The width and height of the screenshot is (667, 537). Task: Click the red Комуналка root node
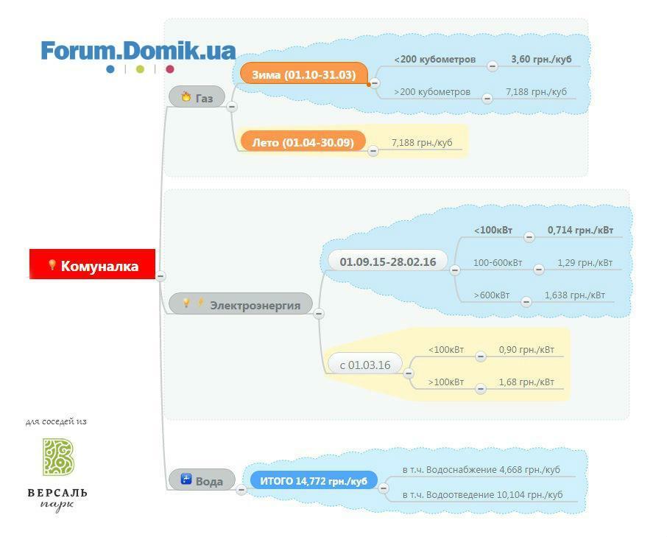[92, 264]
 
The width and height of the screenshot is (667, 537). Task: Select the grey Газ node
[197, 96]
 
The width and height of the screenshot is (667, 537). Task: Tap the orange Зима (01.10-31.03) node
[304, 74]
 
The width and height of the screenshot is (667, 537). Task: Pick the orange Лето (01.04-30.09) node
[303, 141]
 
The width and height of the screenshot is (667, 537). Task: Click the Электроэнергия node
[241, 303]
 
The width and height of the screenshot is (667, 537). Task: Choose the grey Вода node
[202, 480]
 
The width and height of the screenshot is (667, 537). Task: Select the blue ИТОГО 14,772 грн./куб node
[314, 480]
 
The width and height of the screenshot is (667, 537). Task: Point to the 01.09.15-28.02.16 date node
[387, 261]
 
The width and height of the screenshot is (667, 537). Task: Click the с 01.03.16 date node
[365, 364]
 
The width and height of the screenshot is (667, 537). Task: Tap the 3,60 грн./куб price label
[541, 59]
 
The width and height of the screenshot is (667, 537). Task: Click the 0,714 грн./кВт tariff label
[580, 231]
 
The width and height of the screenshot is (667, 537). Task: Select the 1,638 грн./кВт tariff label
[575, 295]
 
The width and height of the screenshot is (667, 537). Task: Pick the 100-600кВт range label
[498, 262]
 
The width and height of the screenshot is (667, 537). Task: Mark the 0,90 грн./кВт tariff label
[526, 349]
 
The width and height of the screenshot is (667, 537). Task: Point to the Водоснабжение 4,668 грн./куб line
[481, 470]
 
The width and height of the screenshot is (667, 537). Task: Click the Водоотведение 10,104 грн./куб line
[482, 494]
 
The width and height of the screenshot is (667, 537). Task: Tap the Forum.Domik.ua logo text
[138, 51]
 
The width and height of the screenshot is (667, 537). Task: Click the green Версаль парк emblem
[58, 457]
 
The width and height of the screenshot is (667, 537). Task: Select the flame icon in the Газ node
[186, 96]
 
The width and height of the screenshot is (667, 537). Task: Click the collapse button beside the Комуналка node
[160, 275]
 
